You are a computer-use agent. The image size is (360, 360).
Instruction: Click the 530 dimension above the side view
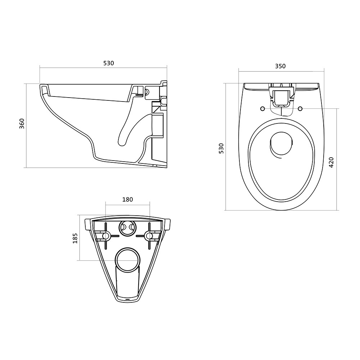108,63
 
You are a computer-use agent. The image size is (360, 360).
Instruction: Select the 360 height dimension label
22,123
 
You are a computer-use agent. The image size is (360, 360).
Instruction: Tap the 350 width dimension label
280,66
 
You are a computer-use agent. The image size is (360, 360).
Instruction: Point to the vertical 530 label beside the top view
221,148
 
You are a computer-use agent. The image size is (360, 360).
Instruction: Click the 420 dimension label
331,162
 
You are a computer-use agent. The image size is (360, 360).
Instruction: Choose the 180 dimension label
127,199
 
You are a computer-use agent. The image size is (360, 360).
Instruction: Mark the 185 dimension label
75,238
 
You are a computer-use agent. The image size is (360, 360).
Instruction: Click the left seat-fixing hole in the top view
263,109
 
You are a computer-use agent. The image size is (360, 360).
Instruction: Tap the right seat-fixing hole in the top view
300,109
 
